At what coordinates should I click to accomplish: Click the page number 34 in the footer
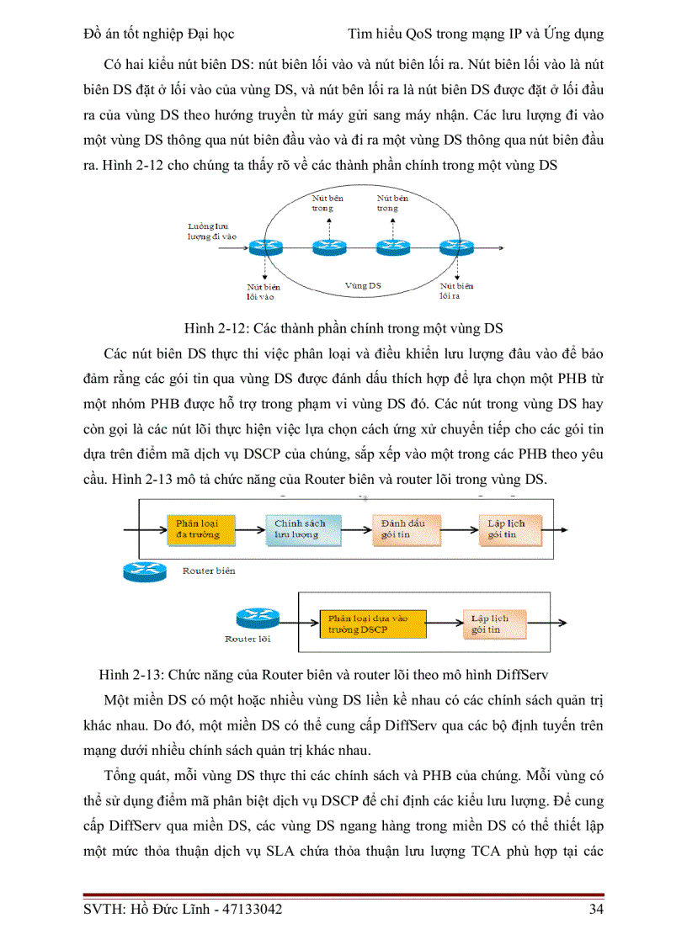pos(594,910)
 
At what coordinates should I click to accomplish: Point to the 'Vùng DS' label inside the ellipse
pos(363,286)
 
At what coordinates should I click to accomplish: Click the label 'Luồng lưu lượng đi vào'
pos(211,231)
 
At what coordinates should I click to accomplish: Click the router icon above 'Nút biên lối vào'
pos(266,247)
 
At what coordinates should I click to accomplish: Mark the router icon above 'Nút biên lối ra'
pos(455,247)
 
